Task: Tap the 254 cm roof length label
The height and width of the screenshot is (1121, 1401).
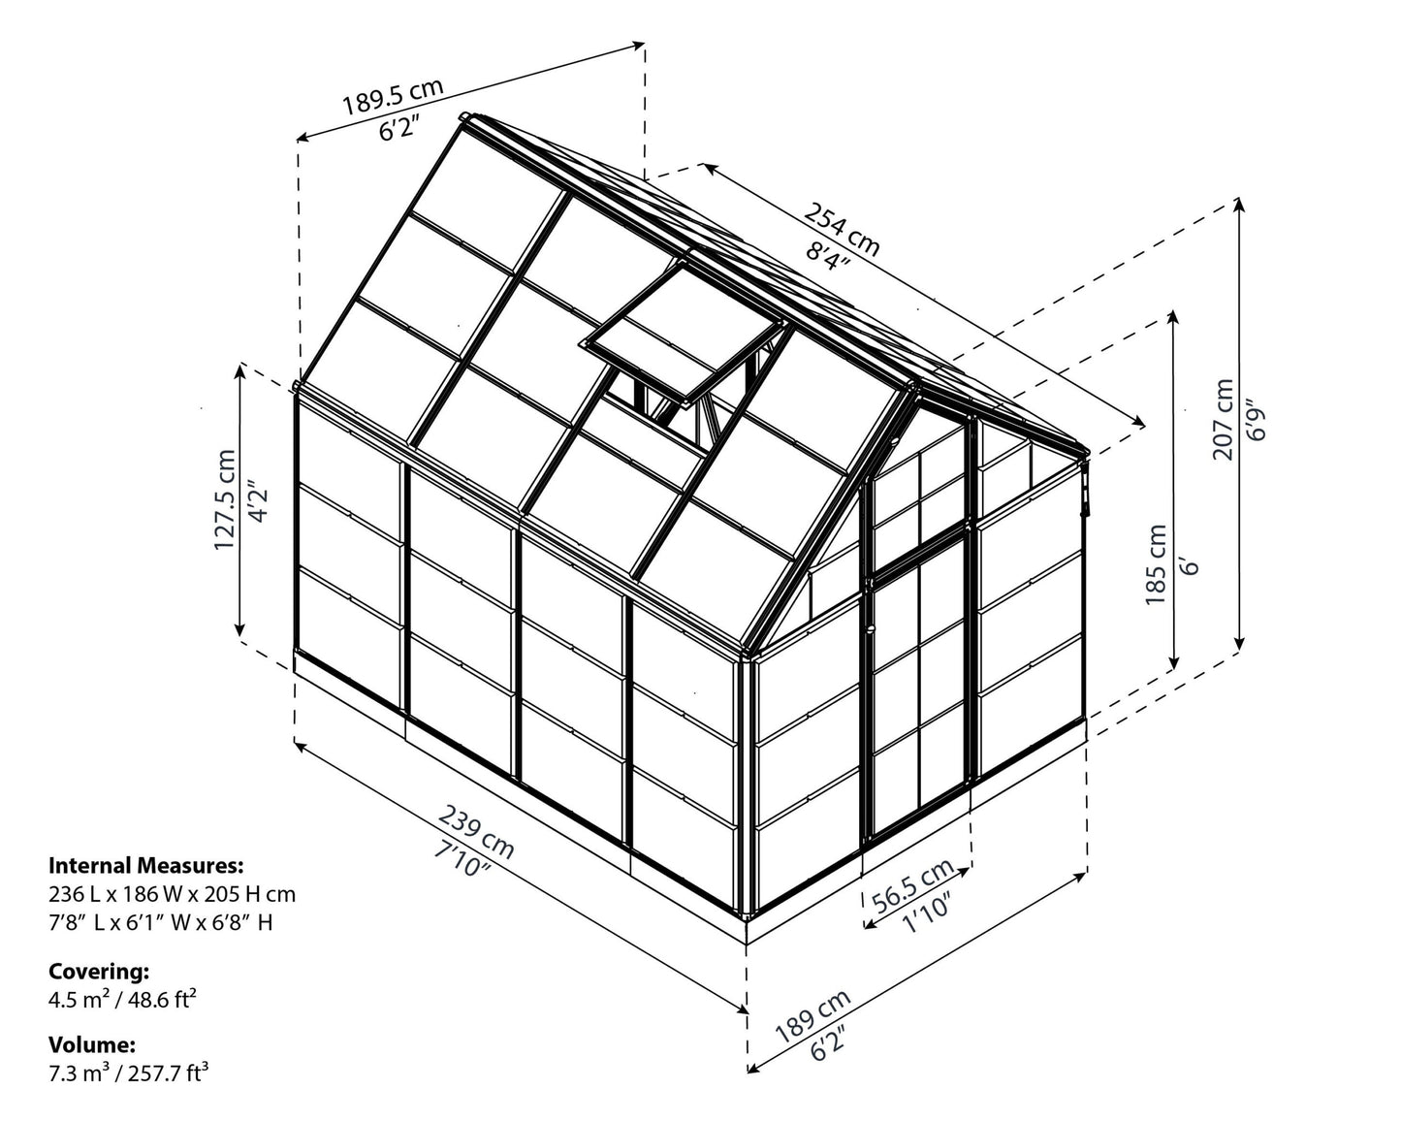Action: click(x=842, y=228)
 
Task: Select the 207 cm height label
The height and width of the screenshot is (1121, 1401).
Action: click(x=1224, y=420)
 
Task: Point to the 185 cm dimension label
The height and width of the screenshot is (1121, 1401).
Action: click(x=1156, y=564)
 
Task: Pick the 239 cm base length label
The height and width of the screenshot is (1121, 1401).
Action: click(x=476, y=831)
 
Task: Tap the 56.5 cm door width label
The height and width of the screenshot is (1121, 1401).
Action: click(x=912, y=885)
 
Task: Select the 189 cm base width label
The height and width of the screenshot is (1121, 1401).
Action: click(x=812, y=1015)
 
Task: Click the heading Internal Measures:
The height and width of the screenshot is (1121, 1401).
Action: click(x=146, y=866)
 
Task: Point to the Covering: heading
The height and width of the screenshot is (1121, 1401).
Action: click(x=99, y=972)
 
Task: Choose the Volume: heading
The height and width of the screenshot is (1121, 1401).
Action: click(x=92, y=1044)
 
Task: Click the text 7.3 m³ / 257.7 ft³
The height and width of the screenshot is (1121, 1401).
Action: click(x=128, y=1073)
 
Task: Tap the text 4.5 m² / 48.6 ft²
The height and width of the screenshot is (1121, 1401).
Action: click(x=122, y=999)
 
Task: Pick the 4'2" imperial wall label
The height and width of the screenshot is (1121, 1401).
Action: click(x=258, y=499)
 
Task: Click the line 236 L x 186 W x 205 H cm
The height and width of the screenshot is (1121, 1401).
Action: click(x=172, y=894)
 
